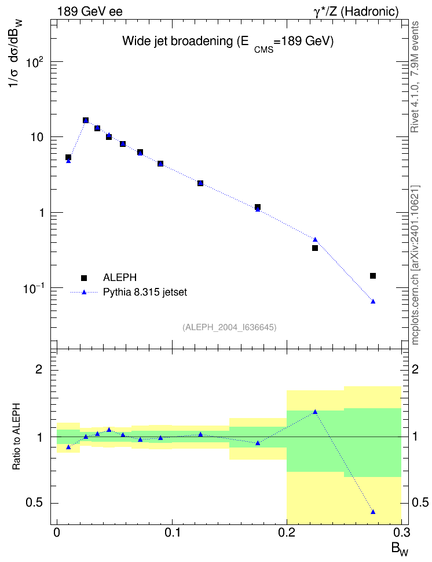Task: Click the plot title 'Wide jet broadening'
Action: (178, 41)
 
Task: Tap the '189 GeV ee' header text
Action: (90, 12)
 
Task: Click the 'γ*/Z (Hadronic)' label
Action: (356, 12)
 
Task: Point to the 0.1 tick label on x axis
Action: (172, 533)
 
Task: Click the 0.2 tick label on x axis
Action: (287, 533)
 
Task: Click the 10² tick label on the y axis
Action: (35, 62)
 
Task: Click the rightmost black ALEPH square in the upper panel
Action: (373, 276)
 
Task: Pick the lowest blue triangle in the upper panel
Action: (373, 301)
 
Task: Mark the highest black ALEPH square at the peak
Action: (86, 120)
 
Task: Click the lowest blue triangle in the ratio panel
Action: (373, 512)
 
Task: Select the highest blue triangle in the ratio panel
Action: (315, 412)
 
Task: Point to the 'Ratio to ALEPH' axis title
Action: (16, 436)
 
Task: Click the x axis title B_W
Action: (400, 549)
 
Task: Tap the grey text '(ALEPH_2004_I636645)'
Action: (229, 327)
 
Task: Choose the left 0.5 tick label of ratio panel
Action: (35, 503)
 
